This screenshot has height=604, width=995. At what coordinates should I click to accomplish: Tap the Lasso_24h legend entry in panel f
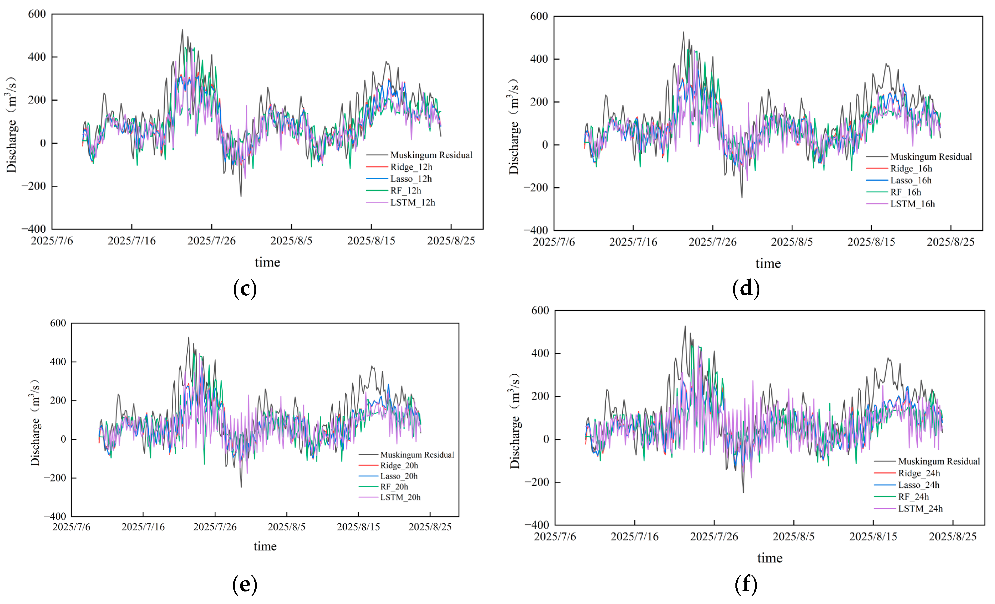(x=918, y=485)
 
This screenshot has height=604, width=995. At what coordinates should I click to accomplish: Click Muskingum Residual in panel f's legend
(x=938, y=461)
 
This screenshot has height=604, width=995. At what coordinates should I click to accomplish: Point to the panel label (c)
(x=245, y=289)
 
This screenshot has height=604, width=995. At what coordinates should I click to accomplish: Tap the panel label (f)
(x=746, y=584)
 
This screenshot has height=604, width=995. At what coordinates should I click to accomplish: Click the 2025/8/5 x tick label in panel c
(x=291, y=241)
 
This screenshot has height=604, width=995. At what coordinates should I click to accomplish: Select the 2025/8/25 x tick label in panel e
(x=430, y=527)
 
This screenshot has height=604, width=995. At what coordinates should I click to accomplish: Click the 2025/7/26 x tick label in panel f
(x=714, y=537)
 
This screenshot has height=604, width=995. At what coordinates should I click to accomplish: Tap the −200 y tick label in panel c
(x=34, y=186)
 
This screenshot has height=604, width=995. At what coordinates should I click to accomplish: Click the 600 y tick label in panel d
(x=539, y=17)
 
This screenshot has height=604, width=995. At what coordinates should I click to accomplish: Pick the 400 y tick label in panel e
(x=58, y=362)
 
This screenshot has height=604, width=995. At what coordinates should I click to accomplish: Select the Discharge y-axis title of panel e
(x=35, y=423)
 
